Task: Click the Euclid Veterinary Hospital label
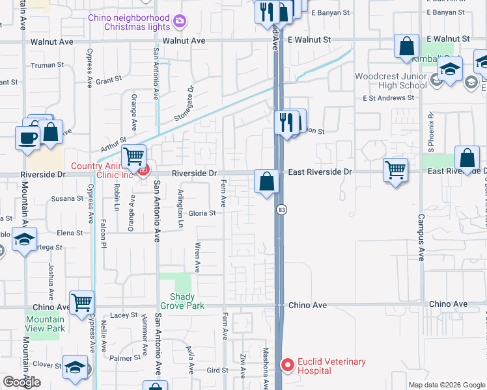[331, 366]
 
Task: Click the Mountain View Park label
[46, 324]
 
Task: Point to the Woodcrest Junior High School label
[391, 81]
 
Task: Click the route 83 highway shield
[281, 209]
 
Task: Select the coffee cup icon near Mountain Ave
[28, 138]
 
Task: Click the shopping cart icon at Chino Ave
[81, 302]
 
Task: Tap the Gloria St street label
[202, 213]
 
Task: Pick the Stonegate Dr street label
[184, 104]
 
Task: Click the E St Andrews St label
[389, 98]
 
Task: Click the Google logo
[21, 382]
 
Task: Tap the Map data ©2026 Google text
[447, 385]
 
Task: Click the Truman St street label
[50, 65]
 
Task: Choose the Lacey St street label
[124, 315]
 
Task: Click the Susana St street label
[68, 198]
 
